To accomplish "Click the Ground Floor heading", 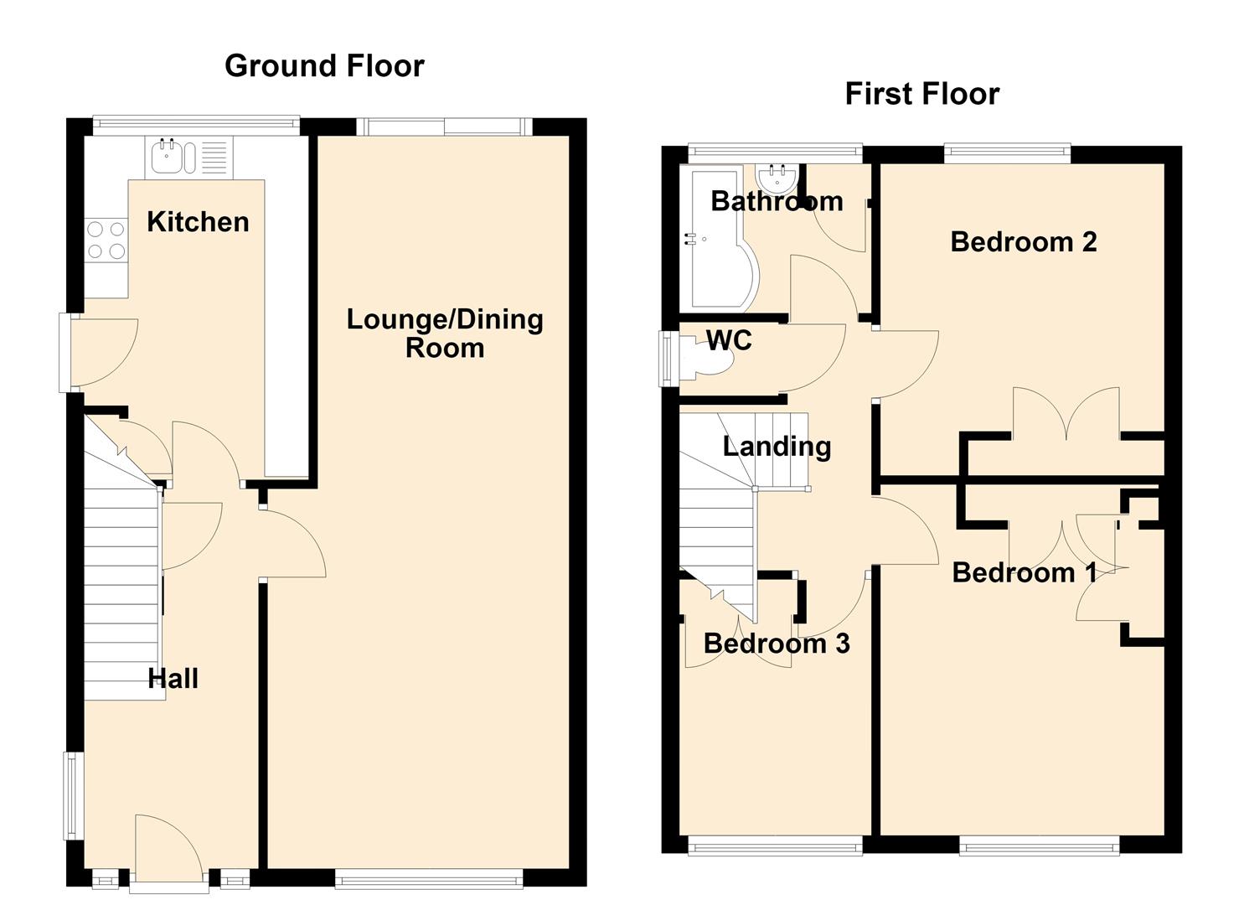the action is coord(324,65).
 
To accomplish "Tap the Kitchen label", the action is coord(198,222).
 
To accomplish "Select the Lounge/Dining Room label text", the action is coord(445,334).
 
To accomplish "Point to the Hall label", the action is coord(173,679).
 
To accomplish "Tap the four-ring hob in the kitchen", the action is coord(106,240).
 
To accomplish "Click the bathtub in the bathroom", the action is coord(718,238).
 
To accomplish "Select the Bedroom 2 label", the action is coord(1024,241).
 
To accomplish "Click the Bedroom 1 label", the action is coord(1024,572).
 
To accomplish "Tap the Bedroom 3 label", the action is coord(777,644).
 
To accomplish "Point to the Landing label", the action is coord(777,447).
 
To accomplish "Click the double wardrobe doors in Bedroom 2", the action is coord(1066,412).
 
